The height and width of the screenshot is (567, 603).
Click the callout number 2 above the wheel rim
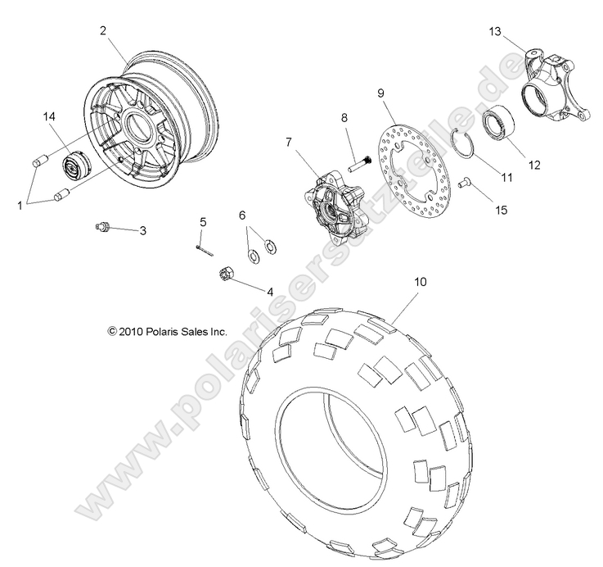tap(103, 30)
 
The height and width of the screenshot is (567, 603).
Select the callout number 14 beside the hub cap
tap(49, 117)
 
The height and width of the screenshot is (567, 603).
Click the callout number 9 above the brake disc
tap(380, 93)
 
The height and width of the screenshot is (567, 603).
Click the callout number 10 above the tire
tap(420, 282)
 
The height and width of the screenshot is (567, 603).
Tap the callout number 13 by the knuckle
tap(495, 31)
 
